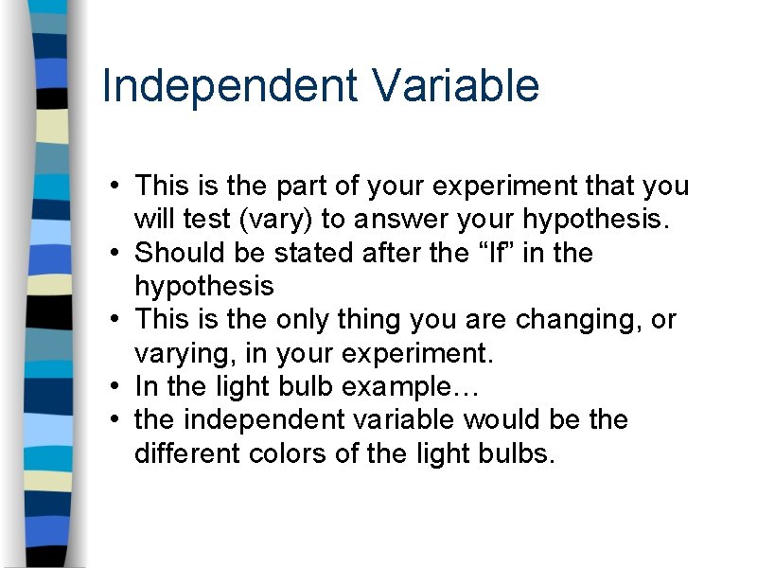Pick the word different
click(x=187, y=453)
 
